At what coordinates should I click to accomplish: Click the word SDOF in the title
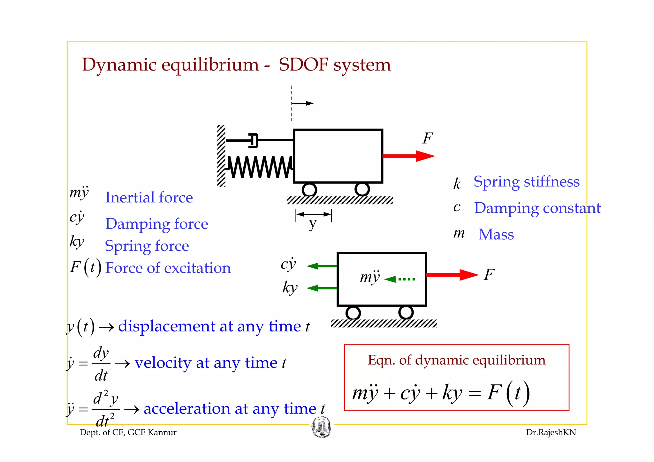pos(303,65)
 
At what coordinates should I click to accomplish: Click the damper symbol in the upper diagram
pos(253,140)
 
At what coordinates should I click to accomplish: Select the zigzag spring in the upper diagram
pos(260,167)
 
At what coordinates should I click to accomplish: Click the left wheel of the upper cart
pos(309,190)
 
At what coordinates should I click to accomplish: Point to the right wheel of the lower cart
pos(406,312)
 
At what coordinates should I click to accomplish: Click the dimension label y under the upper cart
pos(313,223)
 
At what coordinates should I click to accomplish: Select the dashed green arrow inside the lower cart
pos(400,279)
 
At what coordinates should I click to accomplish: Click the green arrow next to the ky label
pos(322,288)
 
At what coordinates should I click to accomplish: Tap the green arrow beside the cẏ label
pos(322,266)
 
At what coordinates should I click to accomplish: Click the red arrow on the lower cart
pos(452,275)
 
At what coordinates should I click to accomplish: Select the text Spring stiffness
pos(526,182)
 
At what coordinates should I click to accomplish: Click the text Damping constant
pos(537,208)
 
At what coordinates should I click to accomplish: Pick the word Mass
pos(496,235)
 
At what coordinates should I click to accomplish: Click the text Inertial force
pos(149,197)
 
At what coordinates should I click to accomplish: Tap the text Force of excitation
pos(168,268)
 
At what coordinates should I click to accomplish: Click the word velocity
pos(163,363)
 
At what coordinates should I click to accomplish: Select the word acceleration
pos(187,409)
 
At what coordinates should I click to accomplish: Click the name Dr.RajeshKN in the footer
pos(551,433)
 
